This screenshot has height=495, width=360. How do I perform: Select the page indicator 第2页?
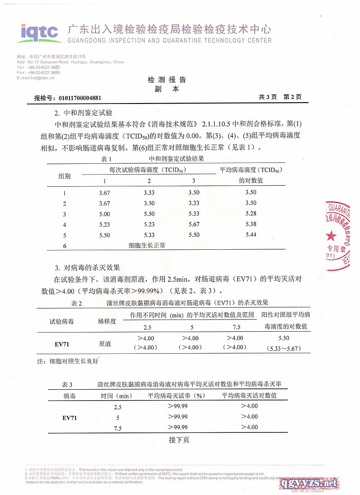pos(292,97)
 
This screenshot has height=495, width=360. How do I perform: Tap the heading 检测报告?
pos(167,80)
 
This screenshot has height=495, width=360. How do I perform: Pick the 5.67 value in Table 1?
pos(194,224)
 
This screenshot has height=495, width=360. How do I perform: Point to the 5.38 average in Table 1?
pos(251,224)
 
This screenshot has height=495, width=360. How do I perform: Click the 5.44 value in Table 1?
pos(251,235)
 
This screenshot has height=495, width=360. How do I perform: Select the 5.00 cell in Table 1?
pos(104,214)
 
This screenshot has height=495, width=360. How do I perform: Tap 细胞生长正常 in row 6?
pos(147,245)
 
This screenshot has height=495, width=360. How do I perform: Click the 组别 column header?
pos(65,176)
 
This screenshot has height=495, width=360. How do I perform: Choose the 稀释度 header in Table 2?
pos(107,321)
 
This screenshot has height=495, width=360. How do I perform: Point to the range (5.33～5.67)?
pos(283,348)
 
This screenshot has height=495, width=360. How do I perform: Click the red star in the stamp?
pos(332,235)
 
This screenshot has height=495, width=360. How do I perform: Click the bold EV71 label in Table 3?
pos(69,418)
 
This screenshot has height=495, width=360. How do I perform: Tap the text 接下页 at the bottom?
pos(179,440)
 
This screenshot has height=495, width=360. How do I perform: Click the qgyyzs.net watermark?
pos(308,483)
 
